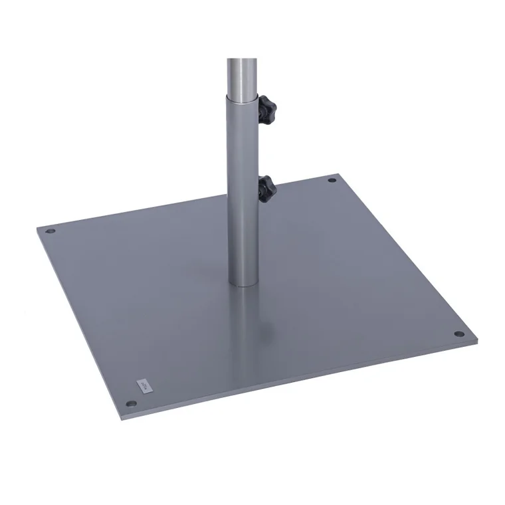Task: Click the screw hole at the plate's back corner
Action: (332, 179)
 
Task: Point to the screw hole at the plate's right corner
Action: (458, 334)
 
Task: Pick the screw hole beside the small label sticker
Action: (132, 403)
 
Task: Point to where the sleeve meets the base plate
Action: (244, 284)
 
